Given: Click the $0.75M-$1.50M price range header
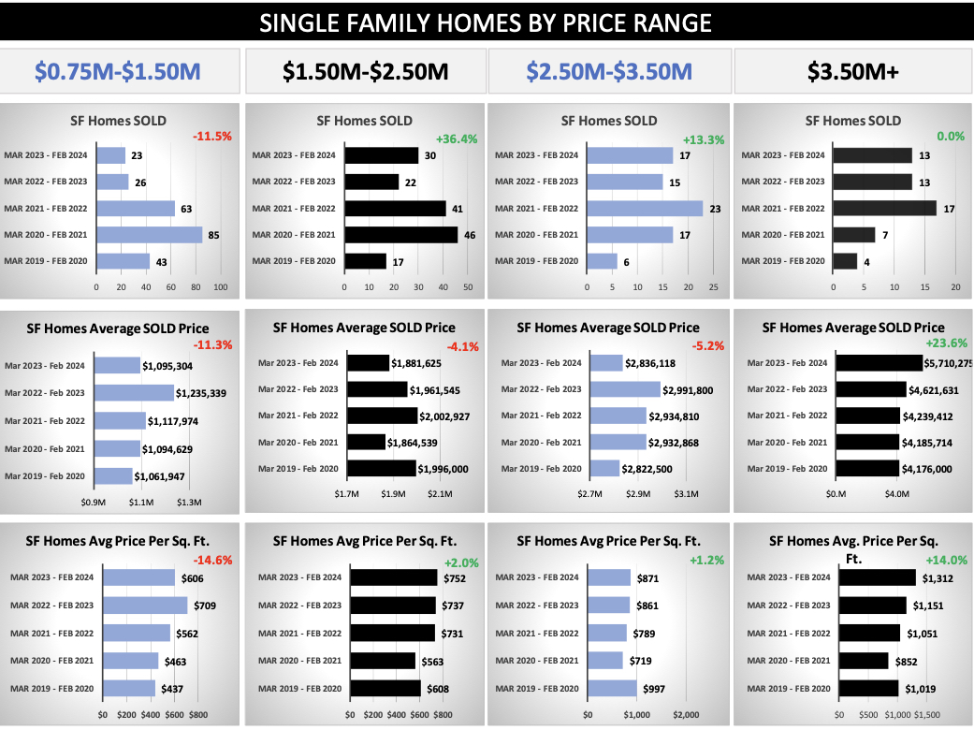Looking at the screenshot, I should pyautogui.click(x=118, y=71).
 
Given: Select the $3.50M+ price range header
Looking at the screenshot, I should pyautogui.click(x=853, y=71).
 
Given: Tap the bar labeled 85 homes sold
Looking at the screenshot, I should pyautogui.click(x=150, y=235).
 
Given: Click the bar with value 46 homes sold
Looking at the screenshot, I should pyautogui.click(x=400, y=235).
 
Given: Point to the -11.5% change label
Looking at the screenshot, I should pyautogui.click(x=211, y=136).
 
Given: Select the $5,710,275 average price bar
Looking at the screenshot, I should pyautogui.click(x=880, y=363).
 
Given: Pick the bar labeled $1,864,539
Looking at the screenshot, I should pyautogui.click(x=366, y=442).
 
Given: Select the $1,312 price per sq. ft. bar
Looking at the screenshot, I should pyautogui.click(x=877, y=578).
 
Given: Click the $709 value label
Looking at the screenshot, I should pyautogui.click(x=204, y=606).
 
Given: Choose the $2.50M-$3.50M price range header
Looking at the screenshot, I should pyautogui.click(x=609, y=71).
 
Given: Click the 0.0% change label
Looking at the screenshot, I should pyautogui.click(x=950, y=136).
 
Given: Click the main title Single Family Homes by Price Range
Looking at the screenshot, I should pyautogui.click(x=486, y=22).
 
